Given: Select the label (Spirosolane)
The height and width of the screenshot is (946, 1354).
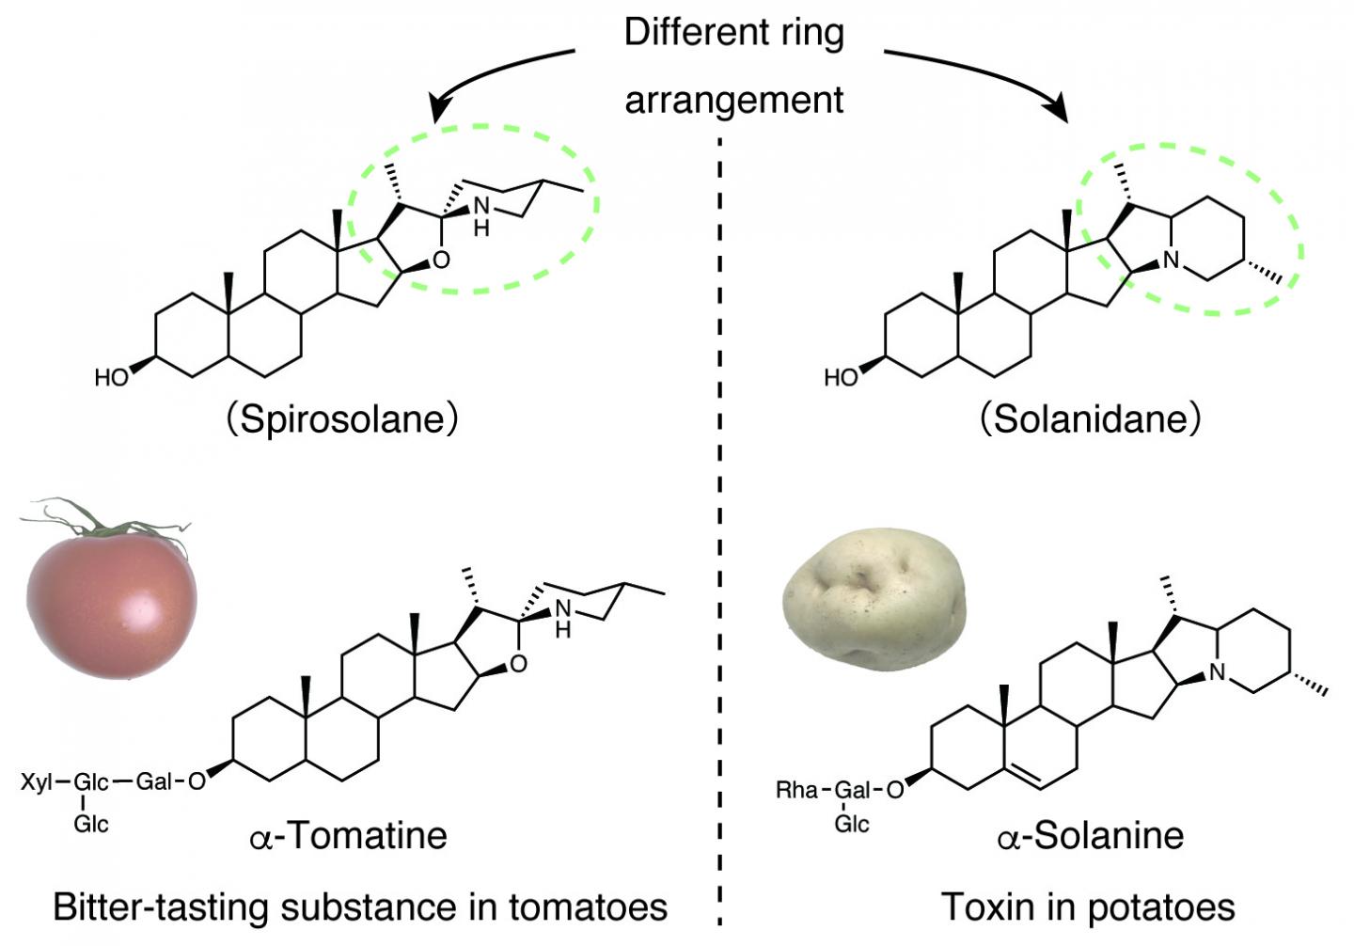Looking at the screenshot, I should pyautogui.click(x=342, y=418).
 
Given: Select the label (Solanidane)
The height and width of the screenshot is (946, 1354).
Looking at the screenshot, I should pyautogui.click(x=1091, y=418).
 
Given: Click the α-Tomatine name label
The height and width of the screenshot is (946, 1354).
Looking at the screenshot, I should pyautogui.click(x=349, y=835).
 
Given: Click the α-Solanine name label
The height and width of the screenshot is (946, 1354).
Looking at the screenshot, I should pyautogui.click(x=1091, y=835).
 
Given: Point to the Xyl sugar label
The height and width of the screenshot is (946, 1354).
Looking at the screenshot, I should pyautogui.click(x=37, y=781).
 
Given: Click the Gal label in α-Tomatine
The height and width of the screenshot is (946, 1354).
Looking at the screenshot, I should pyautogui.click(x=152, y=781).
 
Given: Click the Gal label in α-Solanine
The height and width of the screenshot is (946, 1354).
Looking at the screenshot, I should pyautogui.click(x=852, y=790).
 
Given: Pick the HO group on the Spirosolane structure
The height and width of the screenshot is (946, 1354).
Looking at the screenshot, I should pyautogui.click(x=111, y=378).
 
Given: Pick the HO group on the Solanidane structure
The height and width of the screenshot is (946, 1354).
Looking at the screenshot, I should pyautogui.click(x=841, y=378).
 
